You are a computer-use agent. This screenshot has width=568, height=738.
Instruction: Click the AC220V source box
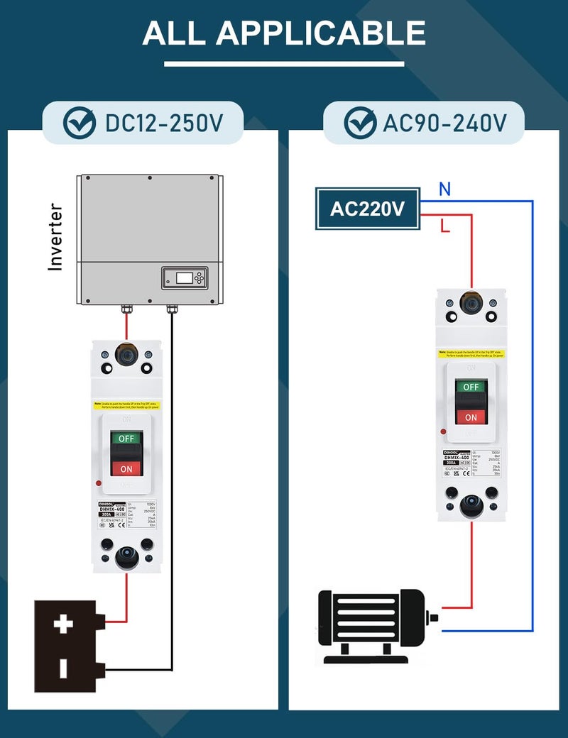(x=367, y=209)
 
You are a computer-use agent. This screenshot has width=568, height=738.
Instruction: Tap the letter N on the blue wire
(x=444, y=189)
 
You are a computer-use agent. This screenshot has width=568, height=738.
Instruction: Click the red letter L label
(x=445, y=227)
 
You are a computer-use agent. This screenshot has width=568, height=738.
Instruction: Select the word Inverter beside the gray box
(x=55, y=237)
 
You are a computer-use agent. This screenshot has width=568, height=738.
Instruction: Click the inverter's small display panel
(x=185, y=277)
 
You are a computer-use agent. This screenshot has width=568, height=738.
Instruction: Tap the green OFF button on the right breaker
(x=471, y=387)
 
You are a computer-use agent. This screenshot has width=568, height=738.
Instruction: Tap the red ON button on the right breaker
(x=471, y=417)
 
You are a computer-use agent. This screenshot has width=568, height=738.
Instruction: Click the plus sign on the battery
(x=64, y=624)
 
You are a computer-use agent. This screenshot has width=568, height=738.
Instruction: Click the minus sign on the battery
(x=64, y=668)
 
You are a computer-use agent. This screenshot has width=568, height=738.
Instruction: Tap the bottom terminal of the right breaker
(x=471, y=505)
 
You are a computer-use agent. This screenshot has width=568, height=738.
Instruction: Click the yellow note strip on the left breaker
(x=127, y=405)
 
